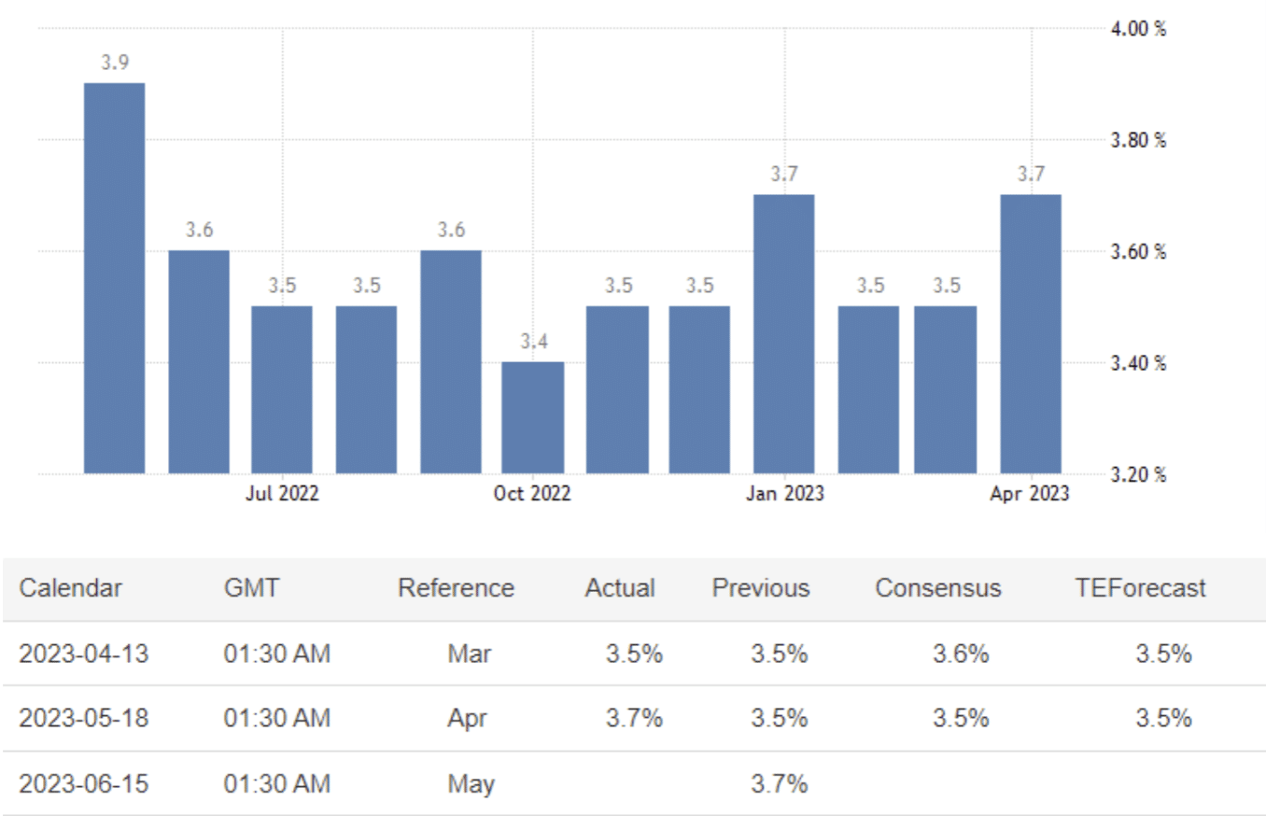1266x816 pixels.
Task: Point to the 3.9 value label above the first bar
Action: tap(115, 63)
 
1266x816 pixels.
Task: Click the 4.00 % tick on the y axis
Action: tap(1138, 29)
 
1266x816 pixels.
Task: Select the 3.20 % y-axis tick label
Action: tap(1138, 474)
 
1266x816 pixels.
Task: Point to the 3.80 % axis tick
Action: tap(1138, 141)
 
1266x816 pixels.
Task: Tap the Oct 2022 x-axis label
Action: tap(532, 494)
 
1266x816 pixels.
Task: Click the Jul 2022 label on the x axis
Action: tap(282, 494)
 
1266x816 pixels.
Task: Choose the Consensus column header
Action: tap(937, 588)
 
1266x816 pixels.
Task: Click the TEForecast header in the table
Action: tap(1140, 588)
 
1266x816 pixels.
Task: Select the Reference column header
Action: tap(456, 588)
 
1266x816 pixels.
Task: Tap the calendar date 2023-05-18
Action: tap(83, 718)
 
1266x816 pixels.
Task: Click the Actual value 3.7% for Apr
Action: tap(634, 718)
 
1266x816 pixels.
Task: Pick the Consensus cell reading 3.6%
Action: tap(960, 654)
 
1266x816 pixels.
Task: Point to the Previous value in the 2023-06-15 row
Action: tap(779, 783)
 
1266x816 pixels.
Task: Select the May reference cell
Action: tap(471, 783)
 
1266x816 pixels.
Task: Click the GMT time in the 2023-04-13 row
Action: tap(276, 654)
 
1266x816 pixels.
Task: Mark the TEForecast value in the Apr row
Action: tap(1162, 718)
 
